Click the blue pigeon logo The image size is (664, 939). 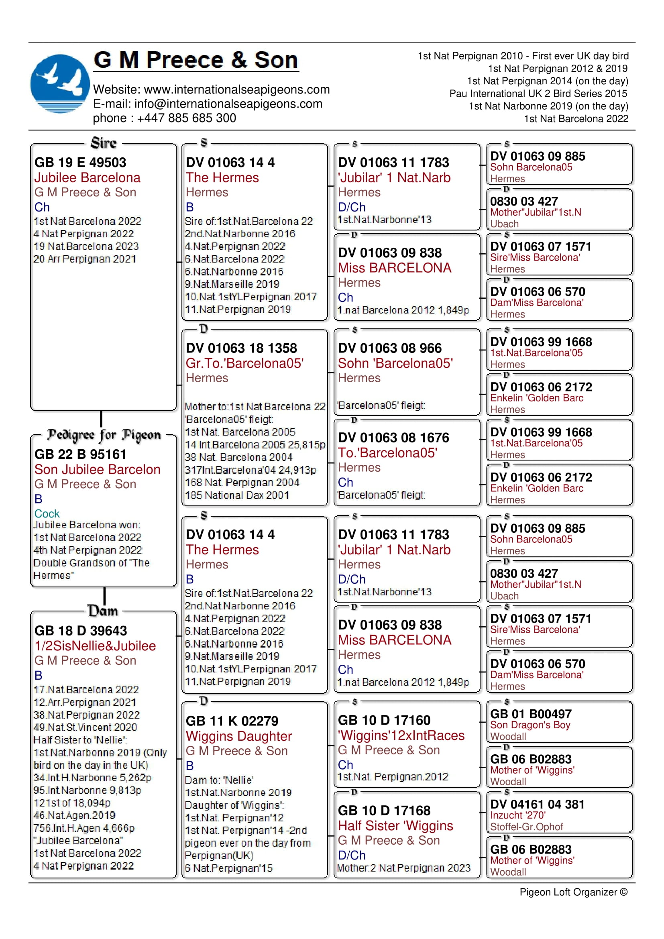pos(60,84)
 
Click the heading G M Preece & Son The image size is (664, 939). pos(196,60)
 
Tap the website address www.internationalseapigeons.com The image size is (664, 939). pos(237,90)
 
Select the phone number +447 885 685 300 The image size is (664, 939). pos(186,118)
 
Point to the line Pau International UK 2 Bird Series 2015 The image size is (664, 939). pos(538,94)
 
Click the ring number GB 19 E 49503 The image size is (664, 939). pos(80,162)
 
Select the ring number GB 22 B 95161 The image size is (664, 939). pos(80,454)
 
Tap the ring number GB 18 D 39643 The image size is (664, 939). pos(81,631)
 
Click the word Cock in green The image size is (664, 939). pos(47,514)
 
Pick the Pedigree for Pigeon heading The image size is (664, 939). pos(104,435)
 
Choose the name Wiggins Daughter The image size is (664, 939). pos(239,736)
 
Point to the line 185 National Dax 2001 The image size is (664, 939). pos(237,495)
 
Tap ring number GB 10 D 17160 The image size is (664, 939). pos(384,720)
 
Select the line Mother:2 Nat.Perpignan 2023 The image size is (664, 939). pos(403,868)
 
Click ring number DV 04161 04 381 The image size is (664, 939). pos(537,805)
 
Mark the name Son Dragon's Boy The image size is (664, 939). pos(530,725)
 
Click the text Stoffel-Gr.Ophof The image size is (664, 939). pos(527,827)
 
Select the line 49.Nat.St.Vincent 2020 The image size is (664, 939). pos(85,727)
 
